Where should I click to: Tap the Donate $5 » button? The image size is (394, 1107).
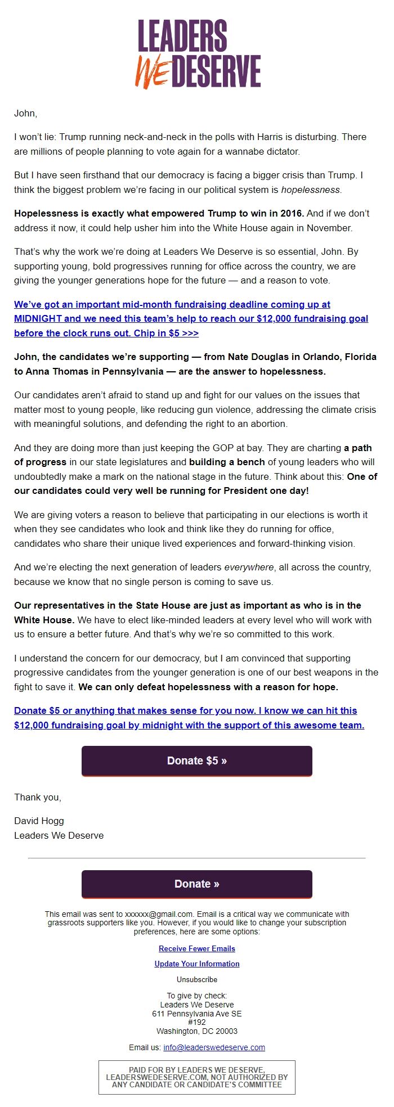click(197, 760)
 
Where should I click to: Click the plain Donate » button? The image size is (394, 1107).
click(197, 884)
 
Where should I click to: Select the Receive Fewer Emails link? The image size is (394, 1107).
click(197, 948)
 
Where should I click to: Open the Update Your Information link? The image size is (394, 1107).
click(197, 964)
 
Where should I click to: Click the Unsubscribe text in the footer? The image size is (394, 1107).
click(197, 979)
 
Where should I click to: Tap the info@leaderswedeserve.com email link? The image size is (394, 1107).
click(214, 1047)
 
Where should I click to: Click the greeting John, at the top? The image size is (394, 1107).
click(26, 113)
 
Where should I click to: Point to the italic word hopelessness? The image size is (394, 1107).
click(311, 190)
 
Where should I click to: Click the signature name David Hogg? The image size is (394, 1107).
click(39, 821)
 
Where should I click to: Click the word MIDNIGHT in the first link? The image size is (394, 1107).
click(39, 318)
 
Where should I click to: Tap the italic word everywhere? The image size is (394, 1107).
click(249, 567)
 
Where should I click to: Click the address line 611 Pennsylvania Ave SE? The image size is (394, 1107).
click(197, 1014)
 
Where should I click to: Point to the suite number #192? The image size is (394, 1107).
click(197, 1022)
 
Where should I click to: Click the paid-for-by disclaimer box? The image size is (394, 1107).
click(197, 1077)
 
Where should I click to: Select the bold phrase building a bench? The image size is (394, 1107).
click(227, 462)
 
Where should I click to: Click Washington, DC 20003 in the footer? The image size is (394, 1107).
click(197, 1031)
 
